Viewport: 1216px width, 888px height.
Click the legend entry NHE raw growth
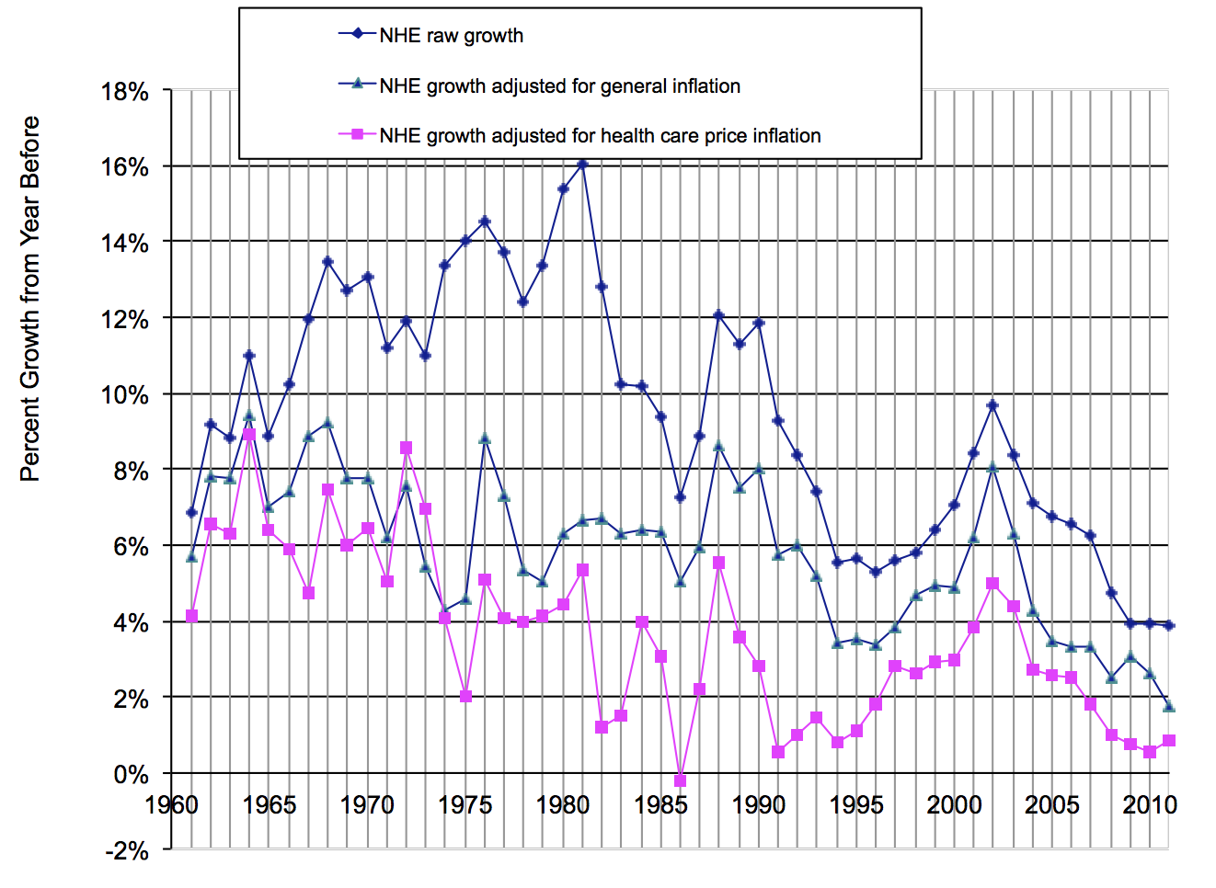[451, 36]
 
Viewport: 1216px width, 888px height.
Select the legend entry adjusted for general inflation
[559, 86]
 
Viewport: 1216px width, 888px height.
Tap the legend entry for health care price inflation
[600, 136]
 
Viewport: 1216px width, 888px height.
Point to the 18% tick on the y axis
[125, 92]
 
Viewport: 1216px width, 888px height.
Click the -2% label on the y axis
[127, 850]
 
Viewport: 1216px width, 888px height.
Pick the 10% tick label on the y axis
[125, 395]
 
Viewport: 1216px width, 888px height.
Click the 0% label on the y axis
[131, 775]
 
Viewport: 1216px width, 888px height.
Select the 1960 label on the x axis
[171, 805]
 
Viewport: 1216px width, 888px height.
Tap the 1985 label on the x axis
[660, 805]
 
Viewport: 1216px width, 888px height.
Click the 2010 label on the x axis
[1150, 805]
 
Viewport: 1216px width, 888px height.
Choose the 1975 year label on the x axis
[465, 805]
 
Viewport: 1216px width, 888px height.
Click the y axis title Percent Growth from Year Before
[30, 299]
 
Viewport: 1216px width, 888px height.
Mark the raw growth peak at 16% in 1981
[582, 164]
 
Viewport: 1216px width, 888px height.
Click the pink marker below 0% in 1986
[681, 780]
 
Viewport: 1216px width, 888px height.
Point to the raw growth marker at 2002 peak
[992, 404]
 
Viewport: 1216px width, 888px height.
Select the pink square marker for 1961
[191, 616]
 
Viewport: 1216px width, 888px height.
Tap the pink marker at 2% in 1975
[465, 697]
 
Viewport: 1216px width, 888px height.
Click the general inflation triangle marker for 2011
[1169, 706]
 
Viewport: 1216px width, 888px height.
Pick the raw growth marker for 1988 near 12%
[719, 315]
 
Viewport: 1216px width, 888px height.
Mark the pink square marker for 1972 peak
[407, 448]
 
